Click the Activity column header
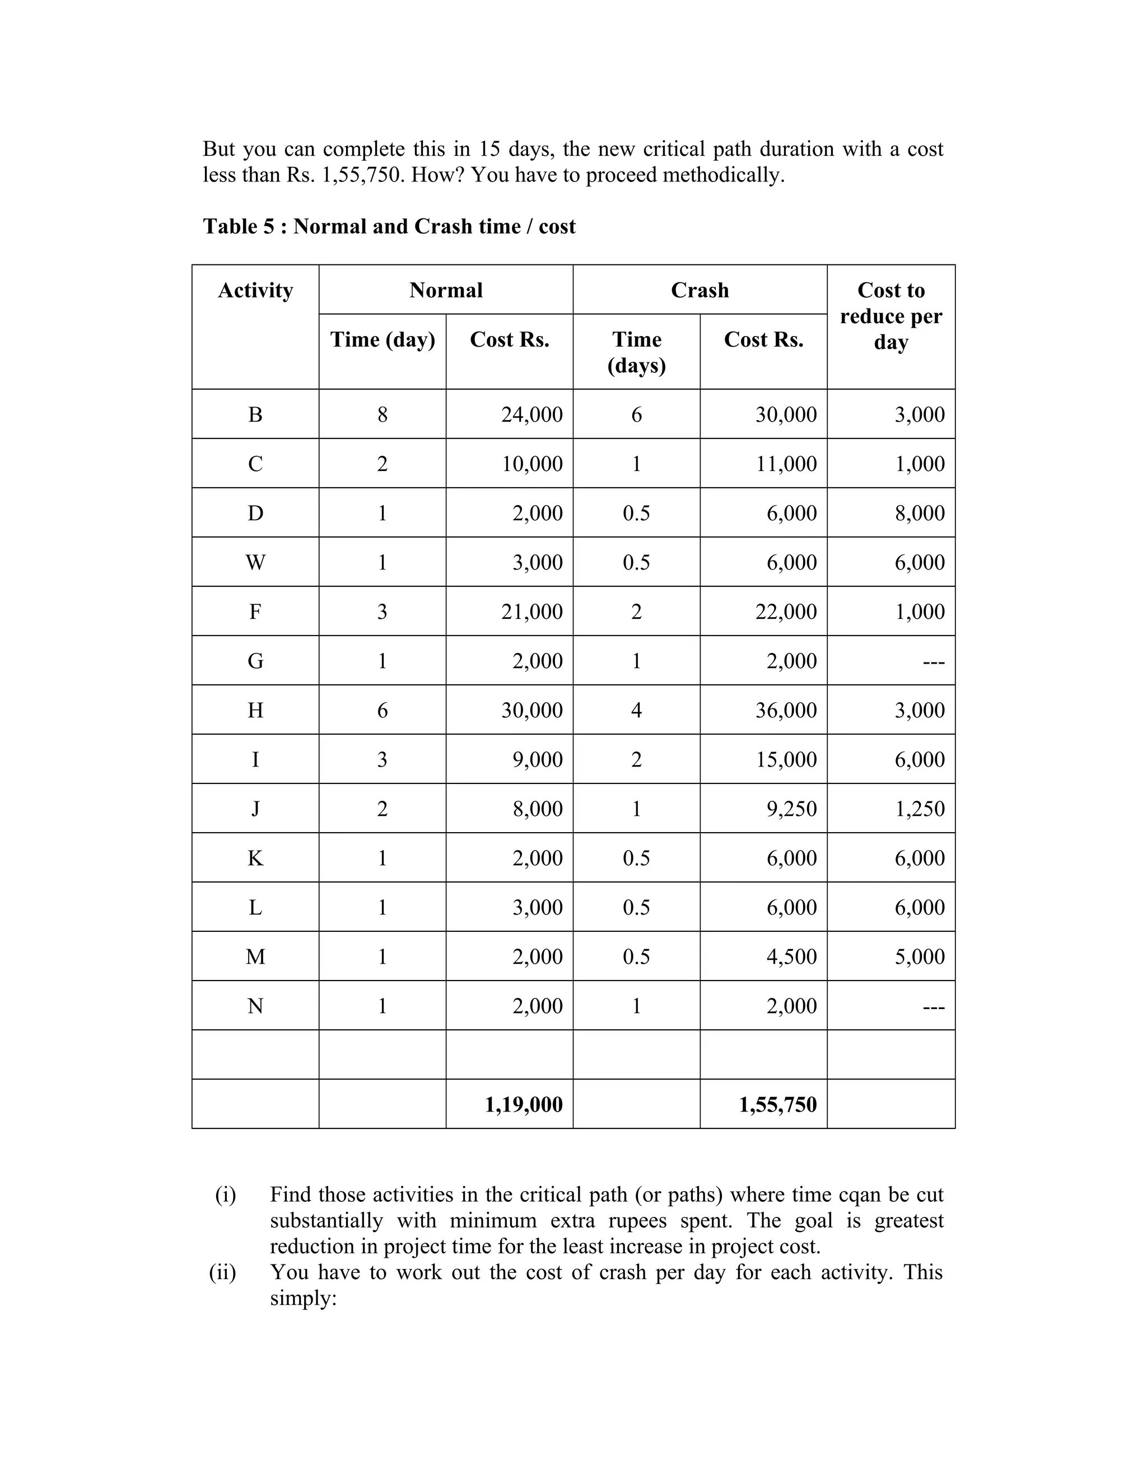point(255,290)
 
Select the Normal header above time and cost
point(446,290)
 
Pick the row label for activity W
point(255,562)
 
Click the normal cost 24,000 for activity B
point(531,414)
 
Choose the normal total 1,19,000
point(523,1104)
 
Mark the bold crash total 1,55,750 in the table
point(777,1104)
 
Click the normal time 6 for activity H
point(382,710)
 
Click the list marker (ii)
point(222,1272)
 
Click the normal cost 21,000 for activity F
point(531,612)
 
